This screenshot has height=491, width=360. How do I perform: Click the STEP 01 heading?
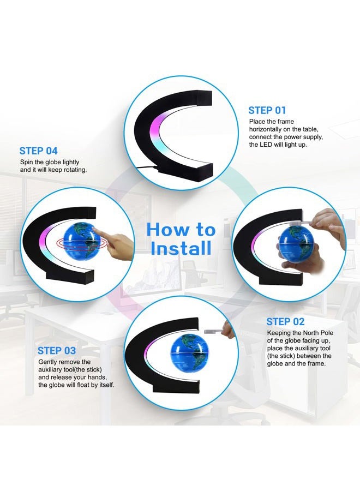click(267, 110)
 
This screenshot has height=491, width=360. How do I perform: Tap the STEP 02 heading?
click(285, 322)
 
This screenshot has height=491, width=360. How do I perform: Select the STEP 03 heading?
click(57, 351)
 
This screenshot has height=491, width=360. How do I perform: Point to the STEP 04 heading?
click(38, 151)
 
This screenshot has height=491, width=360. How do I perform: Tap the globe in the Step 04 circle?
click(87, 240)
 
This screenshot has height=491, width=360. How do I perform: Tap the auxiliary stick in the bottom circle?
click(213, 331)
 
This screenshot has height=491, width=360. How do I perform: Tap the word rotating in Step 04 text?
click(73, 170)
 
